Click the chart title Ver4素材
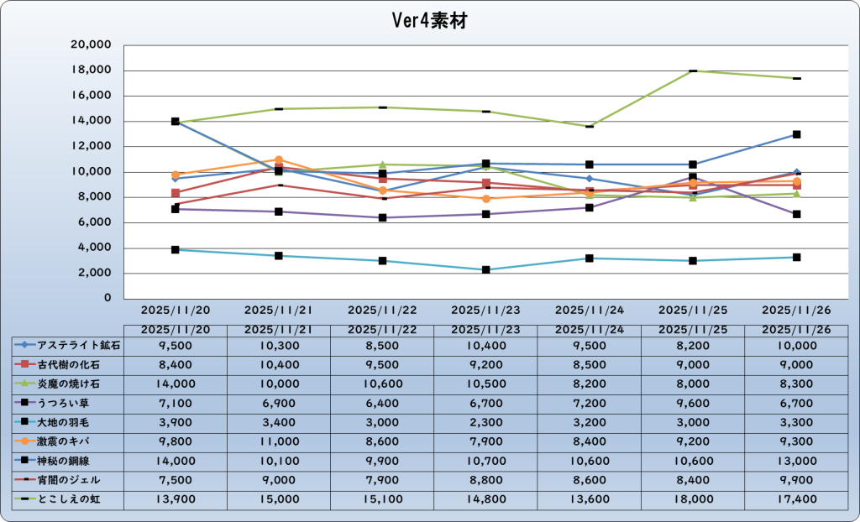tap(429, 21)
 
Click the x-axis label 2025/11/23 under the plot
tap(485, 310)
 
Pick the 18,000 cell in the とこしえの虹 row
tap(693, 499)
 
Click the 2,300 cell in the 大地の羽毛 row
tap(485, 421)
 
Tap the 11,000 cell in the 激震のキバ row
tap(278, 441)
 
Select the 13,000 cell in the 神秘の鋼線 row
tap(796, 460)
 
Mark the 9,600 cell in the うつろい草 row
tap(693, 402)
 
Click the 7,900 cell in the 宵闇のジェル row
tap(382, 480)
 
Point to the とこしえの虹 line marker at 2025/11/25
tap(693, 70)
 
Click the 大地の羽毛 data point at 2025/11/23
tap(485, 269)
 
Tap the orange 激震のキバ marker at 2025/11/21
tap(279, 159)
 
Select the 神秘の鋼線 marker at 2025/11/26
tap(796, 134)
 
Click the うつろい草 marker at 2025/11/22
tap(382, 217)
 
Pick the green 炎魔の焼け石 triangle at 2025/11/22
tap(382, 164)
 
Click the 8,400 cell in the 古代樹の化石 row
tap(175, 363)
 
